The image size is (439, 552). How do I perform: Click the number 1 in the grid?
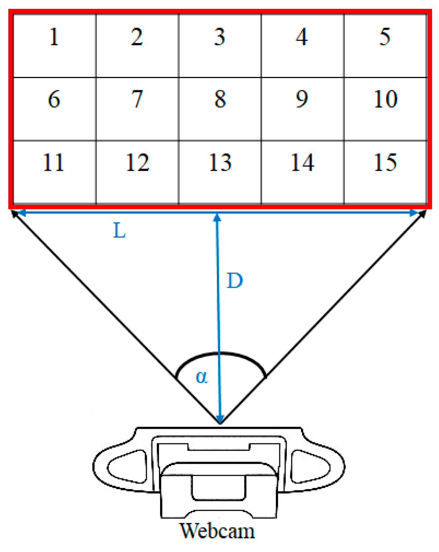(54, 37)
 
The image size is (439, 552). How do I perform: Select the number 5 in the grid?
(385, 37)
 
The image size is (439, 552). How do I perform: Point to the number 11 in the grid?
(54, 163)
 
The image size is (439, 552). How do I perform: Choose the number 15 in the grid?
(385, 163)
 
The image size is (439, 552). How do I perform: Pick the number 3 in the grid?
(219, 37)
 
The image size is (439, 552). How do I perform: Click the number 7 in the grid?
(137, 99)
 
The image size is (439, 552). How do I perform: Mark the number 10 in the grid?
(385, 99)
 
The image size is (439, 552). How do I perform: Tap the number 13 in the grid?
(220, 163)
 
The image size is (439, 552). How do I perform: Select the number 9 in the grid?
(302, 99)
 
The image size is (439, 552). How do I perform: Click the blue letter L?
(120, 231)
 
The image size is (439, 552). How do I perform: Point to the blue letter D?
(235, 281)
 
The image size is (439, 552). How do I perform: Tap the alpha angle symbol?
(202, 377)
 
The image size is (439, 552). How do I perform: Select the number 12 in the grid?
(138, 163)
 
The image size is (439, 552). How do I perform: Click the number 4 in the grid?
(302, 37)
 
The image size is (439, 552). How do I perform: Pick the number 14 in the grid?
(303, 163)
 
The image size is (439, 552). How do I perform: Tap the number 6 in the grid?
(54, 99)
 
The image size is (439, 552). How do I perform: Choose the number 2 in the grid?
(137, 37)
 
